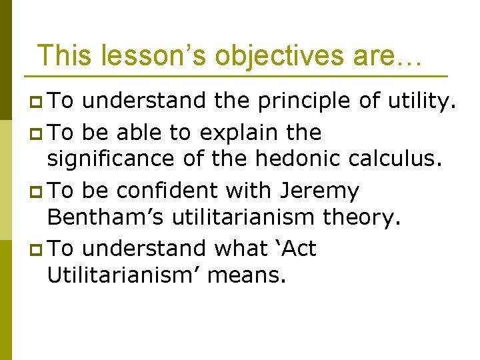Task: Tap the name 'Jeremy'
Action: pos(319,191)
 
